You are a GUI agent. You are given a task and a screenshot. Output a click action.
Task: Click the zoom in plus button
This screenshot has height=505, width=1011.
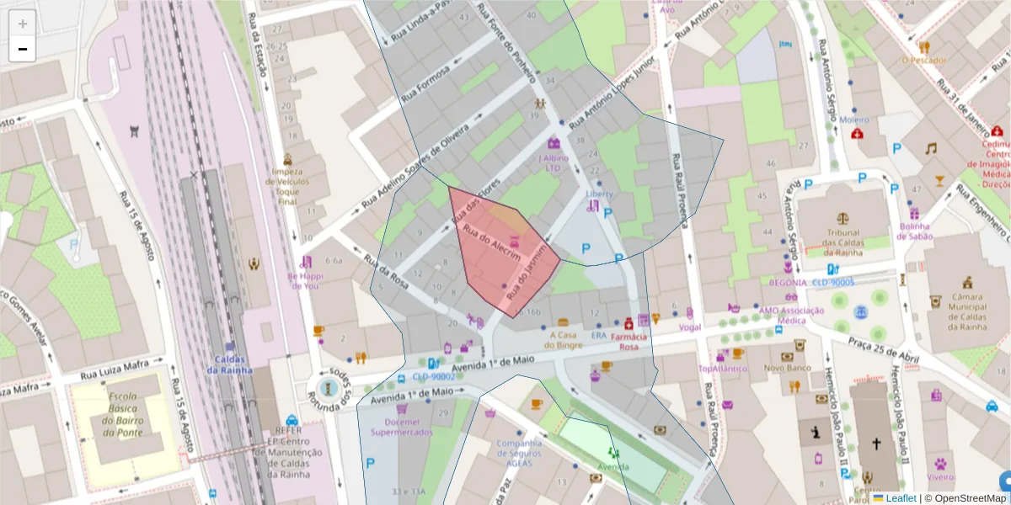tap(23, 24)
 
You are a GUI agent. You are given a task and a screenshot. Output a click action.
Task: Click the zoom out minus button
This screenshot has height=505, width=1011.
tap(23, 49)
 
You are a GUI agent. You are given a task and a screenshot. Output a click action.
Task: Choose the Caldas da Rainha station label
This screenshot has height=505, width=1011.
tap(235, 364)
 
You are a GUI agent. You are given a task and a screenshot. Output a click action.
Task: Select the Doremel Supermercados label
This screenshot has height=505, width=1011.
tap(402, 426)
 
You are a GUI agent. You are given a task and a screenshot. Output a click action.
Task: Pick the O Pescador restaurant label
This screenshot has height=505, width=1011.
tap(923, 61)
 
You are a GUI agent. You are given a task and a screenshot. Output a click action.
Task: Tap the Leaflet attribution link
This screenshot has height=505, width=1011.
tap(900, 498)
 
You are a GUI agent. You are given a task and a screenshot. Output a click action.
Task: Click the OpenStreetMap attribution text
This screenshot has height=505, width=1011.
tap(970, 498)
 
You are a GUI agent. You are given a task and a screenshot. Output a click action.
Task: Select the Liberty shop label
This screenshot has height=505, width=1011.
tap(599, 194)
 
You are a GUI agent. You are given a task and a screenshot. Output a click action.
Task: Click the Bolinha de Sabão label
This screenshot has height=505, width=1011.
tap(913, 231)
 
